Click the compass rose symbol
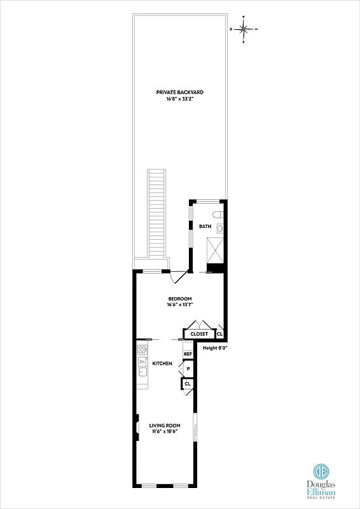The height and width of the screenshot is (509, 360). coord(244,29)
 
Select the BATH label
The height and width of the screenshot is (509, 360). coord(205,227)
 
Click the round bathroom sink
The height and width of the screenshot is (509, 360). coord(220,228)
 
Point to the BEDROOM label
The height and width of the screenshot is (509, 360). coord(180,298)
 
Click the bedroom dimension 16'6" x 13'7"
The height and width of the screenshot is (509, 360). coord(180,305)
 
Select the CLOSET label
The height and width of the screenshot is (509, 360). coord(199,334)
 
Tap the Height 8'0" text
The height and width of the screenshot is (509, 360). coord(215,348)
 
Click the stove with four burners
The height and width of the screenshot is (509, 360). coord(142,350)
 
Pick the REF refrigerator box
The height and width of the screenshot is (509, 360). coord(188,354)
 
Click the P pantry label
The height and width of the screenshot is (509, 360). coord(188,369)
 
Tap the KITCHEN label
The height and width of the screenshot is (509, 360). coord(162,363)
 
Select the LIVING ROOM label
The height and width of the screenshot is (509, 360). coord(165,425)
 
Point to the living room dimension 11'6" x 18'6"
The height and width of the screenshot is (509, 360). coord(165,432)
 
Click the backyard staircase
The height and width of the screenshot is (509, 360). coord(156,213)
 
